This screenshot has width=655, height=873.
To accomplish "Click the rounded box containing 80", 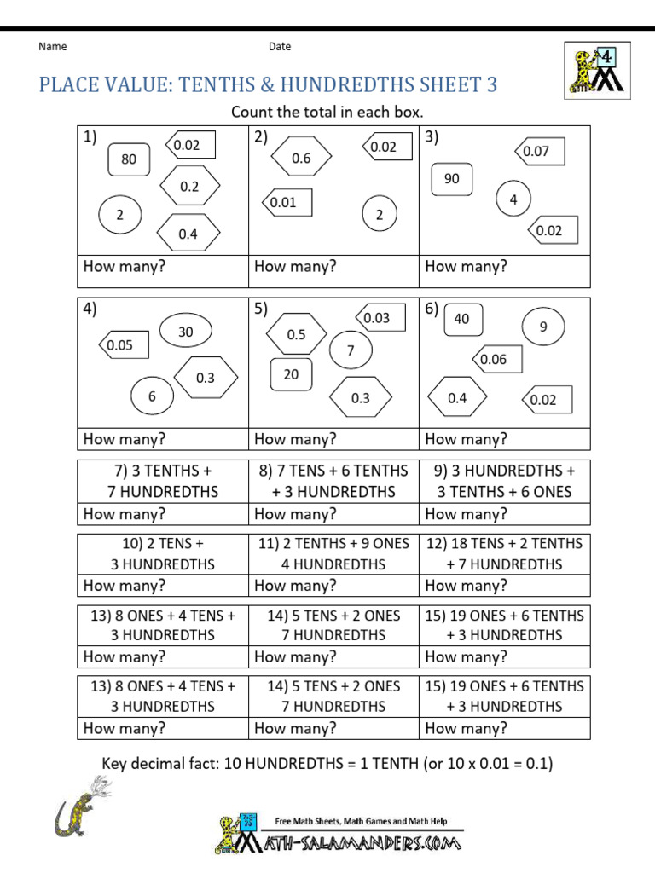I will (129, 159).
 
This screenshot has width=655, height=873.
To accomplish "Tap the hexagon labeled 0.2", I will (189, 187).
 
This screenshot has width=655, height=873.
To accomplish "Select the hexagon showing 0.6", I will (301, 158).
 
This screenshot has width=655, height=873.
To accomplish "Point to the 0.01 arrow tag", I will (286, 203).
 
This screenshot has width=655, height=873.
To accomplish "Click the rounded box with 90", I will (452, 178).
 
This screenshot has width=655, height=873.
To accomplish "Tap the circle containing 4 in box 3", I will (513, 199).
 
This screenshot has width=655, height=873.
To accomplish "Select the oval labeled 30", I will (186, 332).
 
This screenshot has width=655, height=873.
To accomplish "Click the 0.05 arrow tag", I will (124, 345).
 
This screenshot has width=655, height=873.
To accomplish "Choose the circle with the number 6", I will (153, 396).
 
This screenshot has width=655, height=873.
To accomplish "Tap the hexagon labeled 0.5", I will (296, 334).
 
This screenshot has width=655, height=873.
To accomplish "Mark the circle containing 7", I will (350, 350).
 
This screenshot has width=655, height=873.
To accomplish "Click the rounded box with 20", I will (292, 374).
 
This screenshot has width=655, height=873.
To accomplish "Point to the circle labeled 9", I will (543, 326).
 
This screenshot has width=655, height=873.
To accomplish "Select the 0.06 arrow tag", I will (497, 359).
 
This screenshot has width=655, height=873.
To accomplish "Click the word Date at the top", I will (280, 47).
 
